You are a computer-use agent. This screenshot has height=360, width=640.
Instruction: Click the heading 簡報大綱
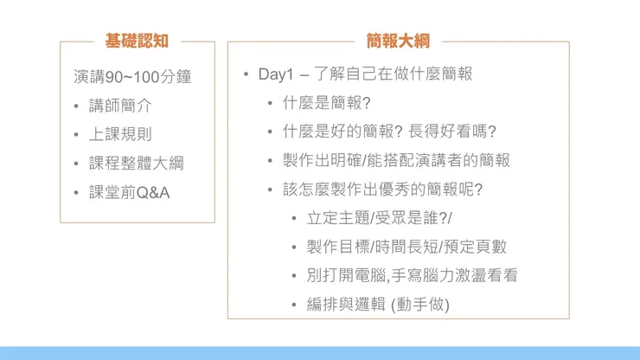click(x=398, y=41)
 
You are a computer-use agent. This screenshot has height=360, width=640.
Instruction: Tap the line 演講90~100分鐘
click(x=132, y=76)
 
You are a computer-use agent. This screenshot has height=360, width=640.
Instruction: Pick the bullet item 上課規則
click(x=120, y=134)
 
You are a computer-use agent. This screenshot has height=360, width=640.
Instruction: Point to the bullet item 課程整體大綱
click(x=136, y=163)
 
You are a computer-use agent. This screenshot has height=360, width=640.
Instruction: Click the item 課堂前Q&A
click(x=129, y=191)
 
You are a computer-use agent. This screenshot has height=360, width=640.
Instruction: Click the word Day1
click(x=276, y=74)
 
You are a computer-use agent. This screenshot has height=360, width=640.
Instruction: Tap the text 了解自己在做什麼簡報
click(x=394, y=74)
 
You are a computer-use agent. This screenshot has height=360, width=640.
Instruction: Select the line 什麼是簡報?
click(x=326, y=102)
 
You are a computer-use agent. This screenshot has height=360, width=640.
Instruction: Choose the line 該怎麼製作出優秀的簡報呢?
click(x=381, y=189)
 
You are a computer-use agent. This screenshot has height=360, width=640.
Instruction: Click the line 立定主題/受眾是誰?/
click(x=379, y=218)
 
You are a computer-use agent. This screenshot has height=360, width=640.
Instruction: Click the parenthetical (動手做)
click(x=420, y=305)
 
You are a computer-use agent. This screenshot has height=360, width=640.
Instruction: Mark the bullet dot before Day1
click(x=246, y=74)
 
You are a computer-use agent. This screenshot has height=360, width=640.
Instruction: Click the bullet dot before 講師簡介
click(x=77, y=106)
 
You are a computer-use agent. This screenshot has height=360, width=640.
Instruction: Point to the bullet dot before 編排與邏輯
click(x=295, y=305)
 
